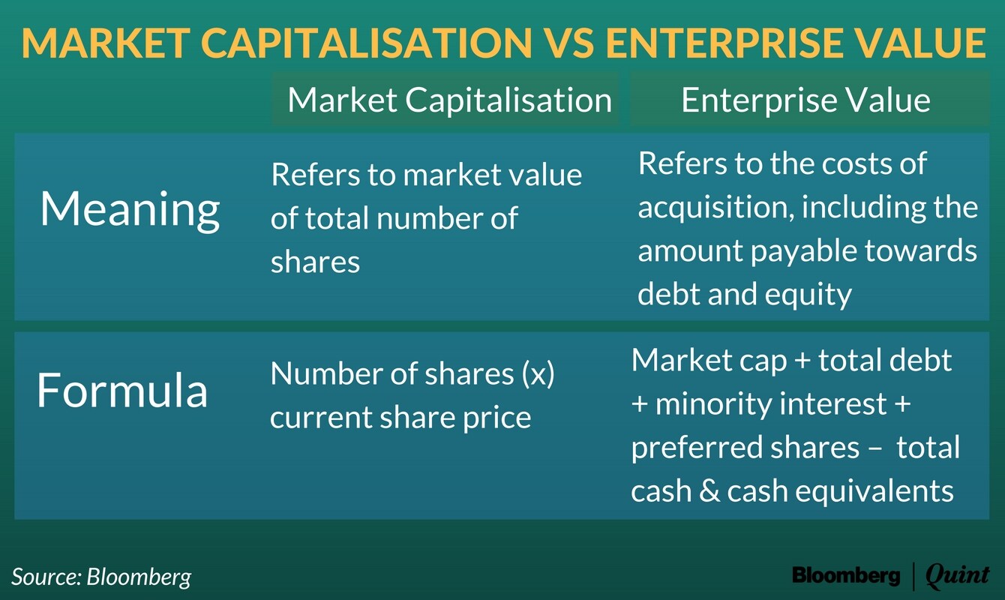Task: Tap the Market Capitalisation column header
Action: (x=449, y=100)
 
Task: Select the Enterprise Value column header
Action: (x=805, y=100)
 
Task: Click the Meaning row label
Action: (x=130, y=209)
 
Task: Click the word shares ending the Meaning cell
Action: (x=316, y=262)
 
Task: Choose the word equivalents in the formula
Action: (x=869, y=491)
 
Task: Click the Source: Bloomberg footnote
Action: (x=101, y=577)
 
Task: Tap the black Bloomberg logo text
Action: (x=846, y=575)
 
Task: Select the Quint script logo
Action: (x=958, y=576)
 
